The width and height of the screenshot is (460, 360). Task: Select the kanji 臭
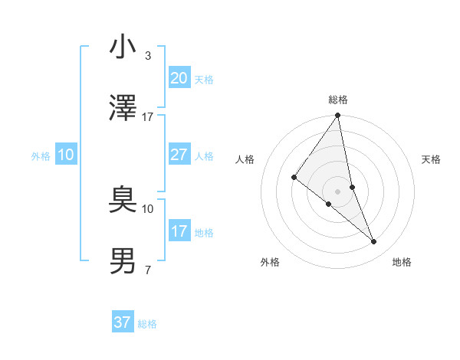point(123,201)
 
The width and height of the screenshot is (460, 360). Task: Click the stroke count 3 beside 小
point(147,57)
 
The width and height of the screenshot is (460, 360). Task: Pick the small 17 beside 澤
point(147,117)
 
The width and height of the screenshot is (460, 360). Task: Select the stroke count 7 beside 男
point(147,270)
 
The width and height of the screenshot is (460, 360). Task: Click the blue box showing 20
point(179,78)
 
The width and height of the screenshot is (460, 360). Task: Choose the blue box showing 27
point(179,155)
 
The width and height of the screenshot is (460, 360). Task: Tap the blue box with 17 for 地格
point(179,231)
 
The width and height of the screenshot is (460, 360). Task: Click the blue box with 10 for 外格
point(65,155)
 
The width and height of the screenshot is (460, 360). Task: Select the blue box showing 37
point(122,322)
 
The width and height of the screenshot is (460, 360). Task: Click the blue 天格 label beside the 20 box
point(204,80)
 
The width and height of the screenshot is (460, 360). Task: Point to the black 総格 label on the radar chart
point(338,100)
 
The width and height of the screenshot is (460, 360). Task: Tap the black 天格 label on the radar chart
point(432,159)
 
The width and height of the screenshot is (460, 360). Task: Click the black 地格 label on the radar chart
point(402,262)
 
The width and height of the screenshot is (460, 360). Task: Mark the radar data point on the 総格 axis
point(337,116)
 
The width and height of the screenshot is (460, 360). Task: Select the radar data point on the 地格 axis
point(374,242)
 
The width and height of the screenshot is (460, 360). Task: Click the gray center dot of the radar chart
point(337,191)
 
